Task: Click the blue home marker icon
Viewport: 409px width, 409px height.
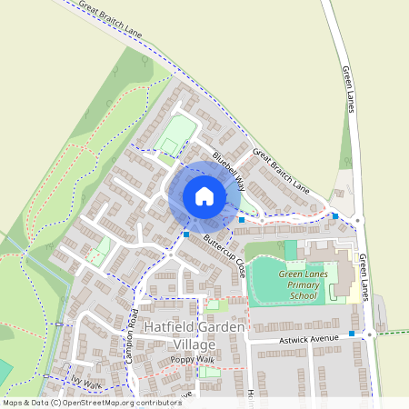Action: pyautogui.click(x=204, y=195)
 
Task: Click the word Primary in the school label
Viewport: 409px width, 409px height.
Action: pyautogui.click(x=302, y=284)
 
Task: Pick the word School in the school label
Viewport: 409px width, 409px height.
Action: pyautogui.click(x=304, y=296)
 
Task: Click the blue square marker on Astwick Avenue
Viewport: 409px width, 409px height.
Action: pyautogui.click(x=352, y=334)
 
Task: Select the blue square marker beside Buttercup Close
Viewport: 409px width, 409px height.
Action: pyautogui.click(x=186, y=234)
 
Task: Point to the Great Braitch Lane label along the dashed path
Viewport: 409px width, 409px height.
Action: pyautogui.click(x=111, y=18)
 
